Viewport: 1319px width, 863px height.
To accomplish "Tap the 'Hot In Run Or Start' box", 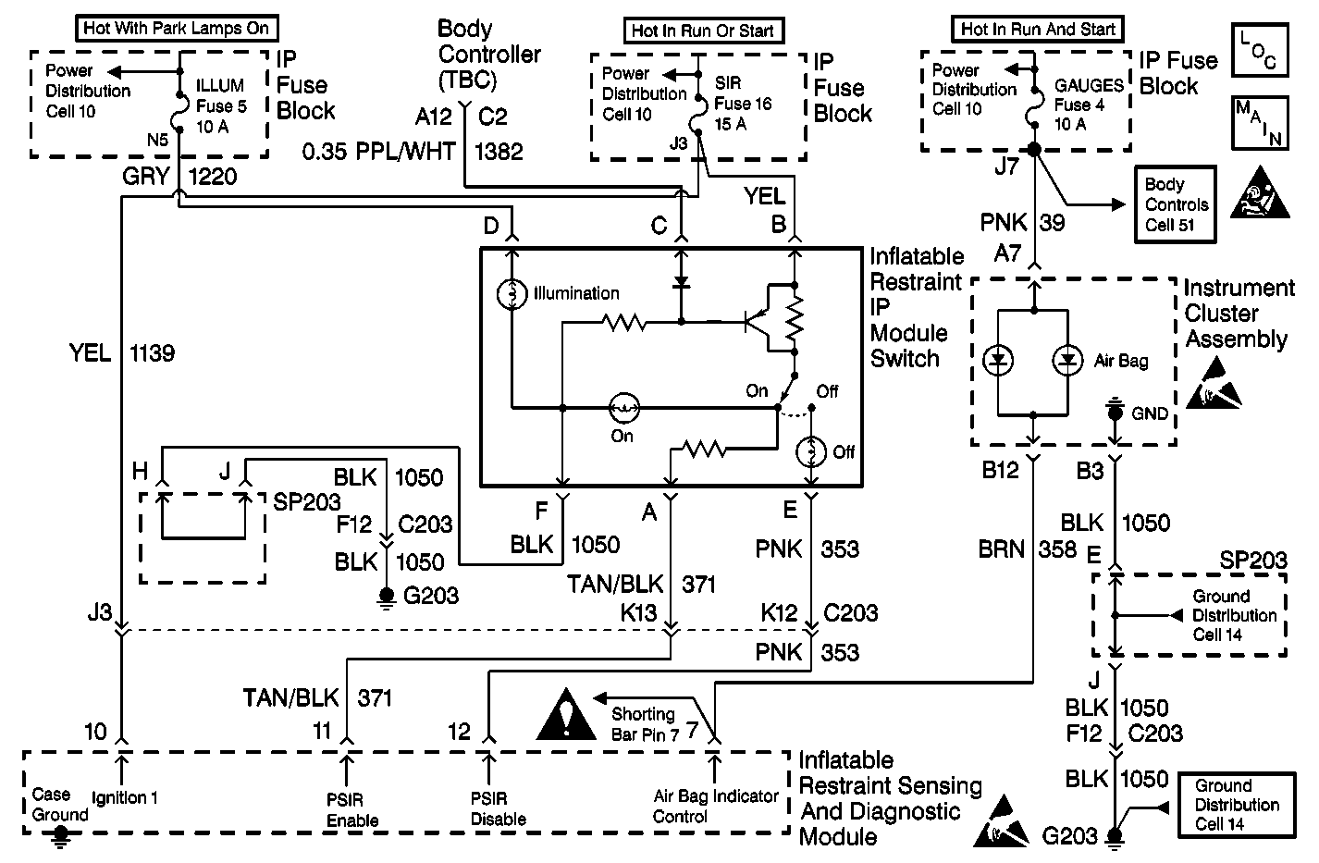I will (x=702, y=31).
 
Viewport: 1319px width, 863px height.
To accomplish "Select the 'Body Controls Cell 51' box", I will (x=1176, y=204).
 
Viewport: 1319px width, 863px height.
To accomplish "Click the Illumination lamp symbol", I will (x=512, y=294).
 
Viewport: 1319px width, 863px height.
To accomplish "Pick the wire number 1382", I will (x=499, y=151).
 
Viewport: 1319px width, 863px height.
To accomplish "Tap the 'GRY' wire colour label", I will (x=146, y=175).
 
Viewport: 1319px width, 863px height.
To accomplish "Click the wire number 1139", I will (x=153, y=352).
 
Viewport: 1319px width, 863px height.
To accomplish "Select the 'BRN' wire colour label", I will (x=1002, y=549).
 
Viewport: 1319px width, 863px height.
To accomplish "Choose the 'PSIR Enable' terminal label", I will (x=352, y=809).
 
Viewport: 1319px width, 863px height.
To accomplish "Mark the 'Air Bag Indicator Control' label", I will (x=715, y=807).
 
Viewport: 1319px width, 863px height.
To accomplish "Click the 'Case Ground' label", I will (x=60, y=805).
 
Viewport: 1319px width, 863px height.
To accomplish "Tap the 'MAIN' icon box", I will (x=1258, y=124).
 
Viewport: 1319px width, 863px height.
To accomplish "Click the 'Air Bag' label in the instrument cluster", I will (x=1120, y=362).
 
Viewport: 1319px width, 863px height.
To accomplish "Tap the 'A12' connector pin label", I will (x=434, y=117).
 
